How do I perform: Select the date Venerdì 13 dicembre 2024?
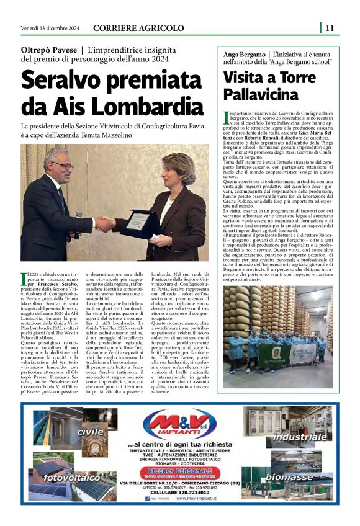(x=50, y=27)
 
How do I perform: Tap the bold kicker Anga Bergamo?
(x=244, y=54)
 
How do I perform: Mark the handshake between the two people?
(x=104, y=225)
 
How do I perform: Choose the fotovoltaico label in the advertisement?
(x=73, y=478)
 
